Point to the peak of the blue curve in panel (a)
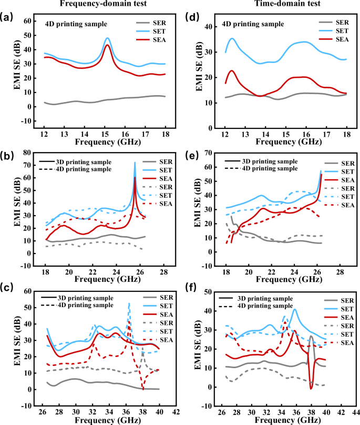(107, 38)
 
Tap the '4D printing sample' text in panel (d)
(253, 24)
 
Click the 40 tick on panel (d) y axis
(213, 27)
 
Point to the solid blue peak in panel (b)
(135, 163)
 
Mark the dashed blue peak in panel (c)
(129, 303)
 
